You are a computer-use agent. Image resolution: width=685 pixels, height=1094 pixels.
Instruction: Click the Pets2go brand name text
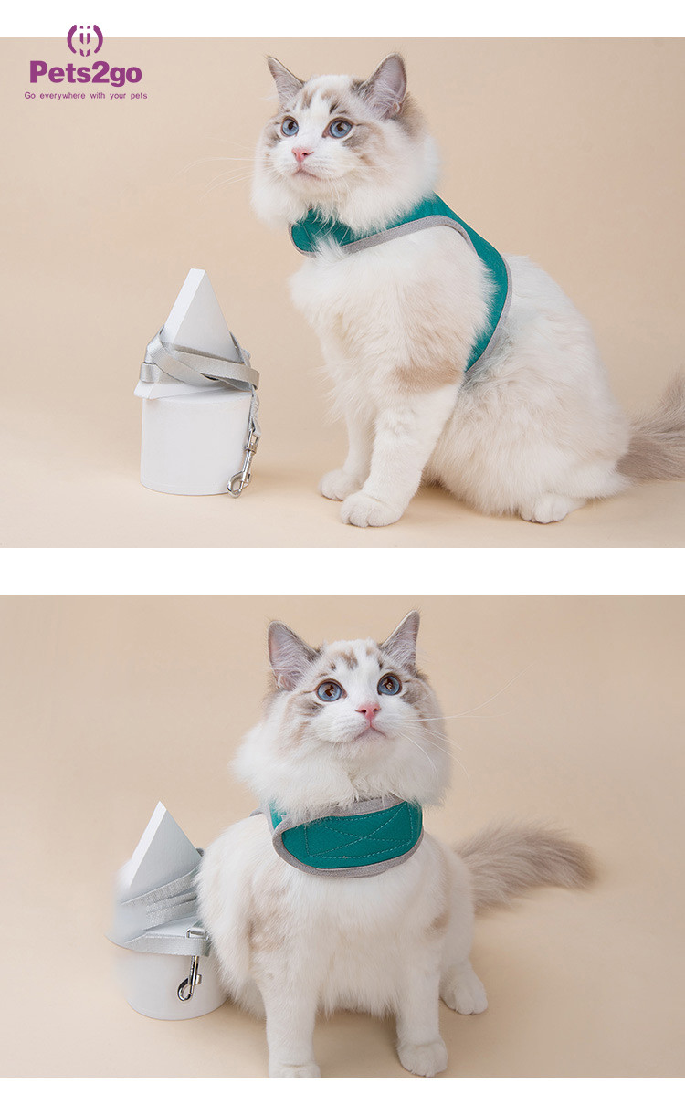(x=86, y=72)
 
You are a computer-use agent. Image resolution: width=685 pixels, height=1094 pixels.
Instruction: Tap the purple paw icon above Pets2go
(x=85, y=40)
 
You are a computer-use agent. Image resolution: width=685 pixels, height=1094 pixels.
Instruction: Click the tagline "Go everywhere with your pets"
(x=86, y=96)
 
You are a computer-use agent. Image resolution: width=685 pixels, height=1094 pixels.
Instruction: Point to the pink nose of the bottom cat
(x=369, y=711)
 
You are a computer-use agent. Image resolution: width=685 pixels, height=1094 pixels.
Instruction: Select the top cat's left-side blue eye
(x=289, y=126)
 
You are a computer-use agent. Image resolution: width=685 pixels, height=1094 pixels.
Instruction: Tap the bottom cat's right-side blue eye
(x=389, y=685)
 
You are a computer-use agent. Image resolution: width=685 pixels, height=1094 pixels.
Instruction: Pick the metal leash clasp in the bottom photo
(x=190, y=977)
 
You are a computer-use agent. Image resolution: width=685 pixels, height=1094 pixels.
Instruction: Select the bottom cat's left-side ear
(x=288, y=653)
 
